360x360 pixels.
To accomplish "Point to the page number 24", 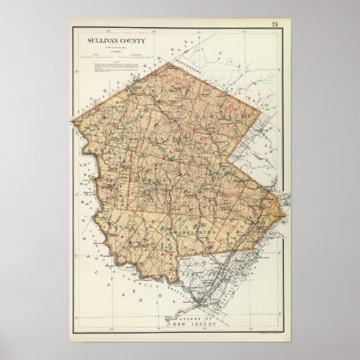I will [274, 26].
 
